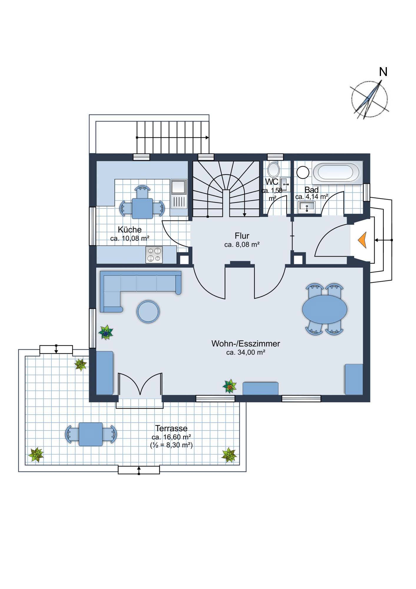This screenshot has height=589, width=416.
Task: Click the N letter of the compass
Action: (x=383, y=72)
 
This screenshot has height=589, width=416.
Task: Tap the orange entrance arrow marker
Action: (x=363, y=240)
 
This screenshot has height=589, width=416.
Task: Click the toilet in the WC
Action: (x=274, y=169)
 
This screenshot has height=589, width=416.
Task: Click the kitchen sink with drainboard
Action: (x=178, y=194)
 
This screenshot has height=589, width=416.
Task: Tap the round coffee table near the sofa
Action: (x=148, y=311)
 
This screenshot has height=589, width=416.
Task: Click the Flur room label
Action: (x=242, y=236)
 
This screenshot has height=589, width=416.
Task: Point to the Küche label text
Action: (x=130, y=229)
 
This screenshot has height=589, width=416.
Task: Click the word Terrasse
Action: (x=171, y=428)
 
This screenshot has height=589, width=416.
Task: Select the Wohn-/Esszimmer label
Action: (x=246, y=343)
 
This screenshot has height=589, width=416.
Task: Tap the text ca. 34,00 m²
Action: (x=246, y=352)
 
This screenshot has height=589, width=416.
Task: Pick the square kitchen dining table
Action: (x=142, y=209)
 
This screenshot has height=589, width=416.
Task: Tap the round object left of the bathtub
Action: (x=303, y=173)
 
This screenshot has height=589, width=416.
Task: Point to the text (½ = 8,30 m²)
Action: (x=171, y=445)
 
